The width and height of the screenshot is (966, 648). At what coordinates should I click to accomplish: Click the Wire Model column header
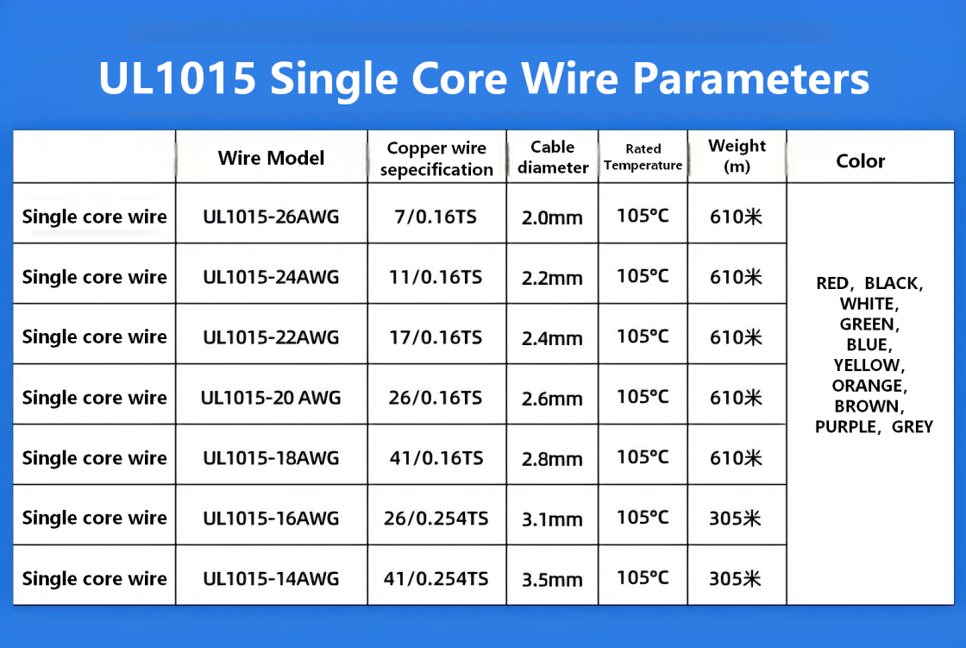(x=271, y=158)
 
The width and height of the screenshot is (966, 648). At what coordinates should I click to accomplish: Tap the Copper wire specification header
(x=436, y=159)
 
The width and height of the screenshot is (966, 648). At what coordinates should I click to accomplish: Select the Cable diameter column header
(x=553, y=157)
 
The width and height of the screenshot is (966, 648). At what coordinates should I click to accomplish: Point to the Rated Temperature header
(x=643, y=157)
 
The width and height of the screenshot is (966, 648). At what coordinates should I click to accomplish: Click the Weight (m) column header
(x=737, y=156)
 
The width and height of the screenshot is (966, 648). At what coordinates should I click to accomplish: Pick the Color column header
(x=860, y=160)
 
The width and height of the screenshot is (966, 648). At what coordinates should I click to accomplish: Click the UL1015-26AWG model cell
(x=271, y=217)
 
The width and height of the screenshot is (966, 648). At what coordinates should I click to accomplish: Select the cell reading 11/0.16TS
(x=436, y=277)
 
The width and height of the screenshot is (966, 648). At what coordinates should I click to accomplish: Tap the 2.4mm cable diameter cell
(x=552, y=338)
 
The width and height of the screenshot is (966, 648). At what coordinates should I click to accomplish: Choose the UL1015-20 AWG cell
(x=271, y=398)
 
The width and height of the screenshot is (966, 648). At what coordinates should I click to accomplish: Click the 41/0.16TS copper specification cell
(x=436, y=458)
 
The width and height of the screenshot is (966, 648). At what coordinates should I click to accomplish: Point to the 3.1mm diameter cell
(x=552, y=519)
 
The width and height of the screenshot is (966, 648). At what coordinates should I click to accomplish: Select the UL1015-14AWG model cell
(x=271, y=578)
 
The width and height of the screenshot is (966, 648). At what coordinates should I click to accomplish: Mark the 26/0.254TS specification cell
(x=436, y=518)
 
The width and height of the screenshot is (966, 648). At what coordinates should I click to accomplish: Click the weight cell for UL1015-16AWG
(x=736, y=518)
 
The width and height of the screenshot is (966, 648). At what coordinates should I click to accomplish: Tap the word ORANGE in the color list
(x=869, y=386)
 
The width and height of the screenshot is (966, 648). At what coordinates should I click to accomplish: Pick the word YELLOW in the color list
(x=869, y=366)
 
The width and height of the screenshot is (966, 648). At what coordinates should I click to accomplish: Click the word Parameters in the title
(x=751, y=79)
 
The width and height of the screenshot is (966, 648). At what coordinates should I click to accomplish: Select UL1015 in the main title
(x=178, y=79)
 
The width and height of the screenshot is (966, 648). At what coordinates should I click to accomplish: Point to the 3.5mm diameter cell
(x=552, y=580)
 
